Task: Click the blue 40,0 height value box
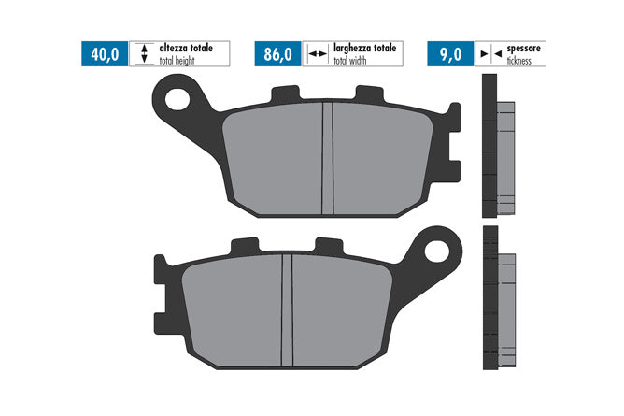(x=105, y=53)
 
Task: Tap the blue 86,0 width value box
(x=277, y=53)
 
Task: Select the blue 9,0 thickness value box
(x=450, y=53)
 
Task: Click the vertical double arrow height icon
(x=144, y=53)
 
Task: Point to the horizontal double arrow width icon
(x=318, y=53)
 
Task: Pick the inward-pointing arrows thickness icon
(x=491, y=53)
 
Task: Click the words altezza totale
(x=186, y=49)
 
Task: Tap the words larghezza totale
(x=365, y=49)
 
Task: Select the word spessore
(x=523, y=49)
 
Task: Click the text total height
(x=177, y=61)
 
